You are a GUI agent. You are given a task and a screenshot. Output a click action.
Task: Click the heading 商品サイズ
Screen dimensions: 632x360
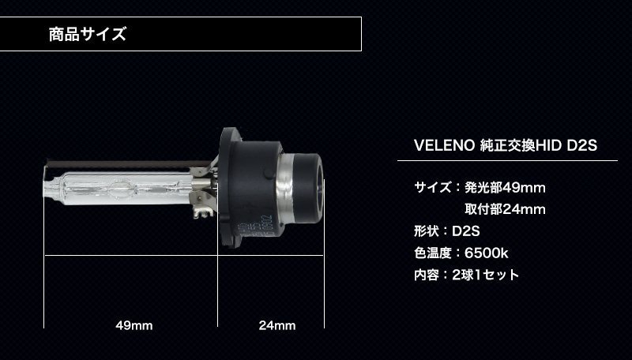88,34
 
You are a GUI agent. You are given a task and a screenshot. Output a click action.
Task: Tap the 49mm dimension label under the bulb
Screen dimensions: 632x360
134,325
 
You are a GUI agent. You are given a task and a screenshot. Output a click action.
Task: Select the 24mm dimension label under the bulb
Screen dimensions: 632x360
277,325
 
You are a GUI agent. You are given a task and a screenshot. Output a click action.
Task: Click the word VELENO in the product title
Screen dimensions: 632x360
445,145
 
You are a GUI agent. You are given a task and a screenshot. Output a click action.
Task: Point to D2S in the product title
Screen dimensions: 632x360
582,145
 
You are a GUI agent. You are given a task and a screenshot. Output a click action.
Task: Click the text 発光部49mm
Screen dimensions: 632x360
505,188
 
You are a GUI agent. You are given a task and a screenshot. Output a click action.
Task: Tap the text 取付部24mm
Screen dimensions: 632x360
505,209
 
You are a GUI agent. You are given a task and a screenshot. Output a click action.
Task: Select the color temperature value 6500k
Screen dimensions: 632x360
486,253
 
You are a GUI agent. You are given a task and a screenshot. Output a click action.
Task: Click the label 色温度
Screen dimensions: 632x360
432,253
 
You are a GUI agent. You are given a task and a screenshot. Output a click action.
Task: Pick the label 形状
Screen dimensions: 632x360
427,231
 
